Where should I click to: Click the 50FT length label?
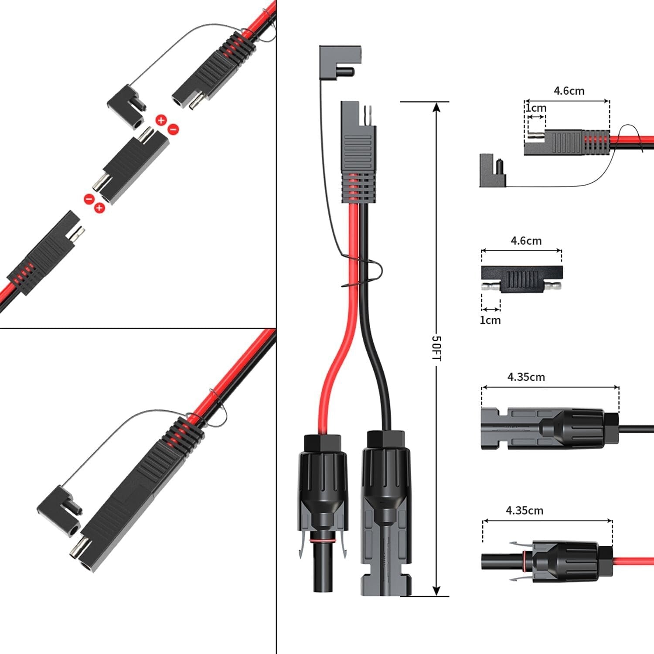tap(436, 347)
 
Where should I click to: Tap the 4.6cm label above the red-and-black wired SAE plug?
tap(569, 91)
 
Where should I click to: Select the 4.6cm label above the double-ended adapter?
tap(526, 241)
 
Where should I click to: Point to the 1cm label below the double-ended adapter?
tap(490, 320)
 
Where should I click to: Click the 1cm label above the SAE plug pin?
tap(536, 108)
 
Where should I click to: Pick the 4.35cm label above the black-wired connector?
tap(526, 377)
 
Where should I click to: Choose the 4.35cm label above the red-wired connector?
tap(525, 510)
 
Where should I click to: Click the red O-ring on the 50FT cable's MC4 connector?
tap(323, 541)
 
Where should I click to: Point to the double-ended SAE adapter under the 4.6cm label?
tap(521, 279)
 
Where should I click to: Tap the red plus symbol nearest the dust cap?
tap(161, 120)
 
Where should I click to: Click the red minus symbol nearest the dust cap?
tap(173, 129)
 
